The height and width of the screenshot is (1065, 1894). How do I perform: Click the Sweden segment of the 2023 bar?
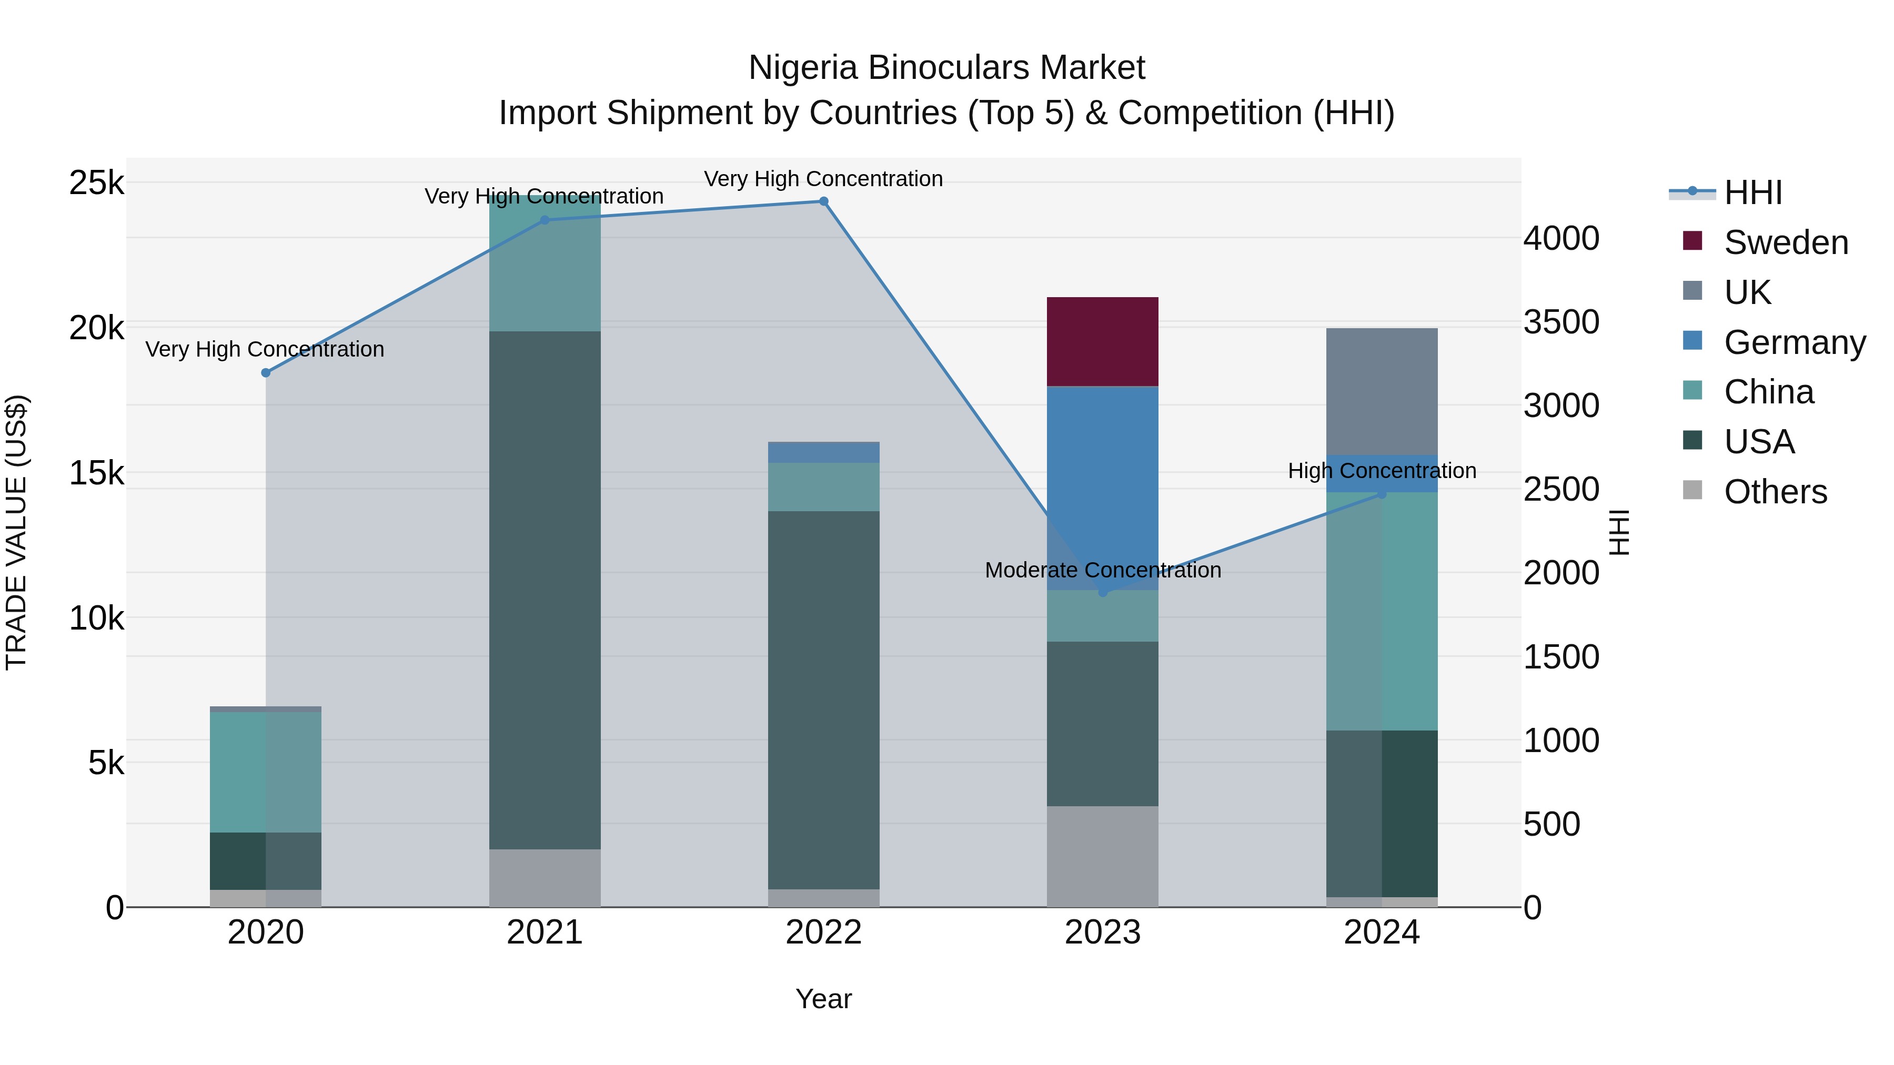click(1102, 342)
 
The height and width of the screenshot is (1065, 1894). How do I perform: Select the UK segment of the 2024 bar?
click(1382, 391)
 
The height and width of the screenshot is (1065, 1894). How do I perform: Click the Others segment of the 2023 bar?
click(1102, 856)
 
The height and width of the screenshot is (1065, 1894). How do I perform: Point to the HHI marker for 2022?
click(823, 201)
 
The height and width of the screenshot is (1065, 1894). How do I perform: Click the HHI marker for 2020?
click(266, 373)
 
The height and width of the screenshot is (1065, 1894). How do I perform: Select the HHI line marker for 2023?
click(1102, 592)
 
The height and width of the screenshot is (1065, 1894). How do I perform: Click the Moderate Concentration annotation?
click(1102, 570)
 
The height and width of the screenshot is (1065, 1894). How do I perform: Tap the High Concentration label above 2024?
click(1382, 470)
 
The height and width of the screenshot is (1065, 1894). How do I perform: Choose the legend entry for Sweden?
click(1785, 242)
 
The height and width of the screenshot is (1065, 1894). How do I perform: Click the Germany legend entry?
click(1794, 342)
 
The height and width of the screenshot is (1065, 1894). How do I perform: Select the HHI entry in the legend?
click(1753, 192)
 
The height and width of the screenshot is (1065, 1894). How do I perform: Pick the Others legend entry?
click(1775, 492)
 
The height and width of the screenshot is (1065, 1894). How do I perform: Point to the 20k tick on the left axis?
click(96, 328)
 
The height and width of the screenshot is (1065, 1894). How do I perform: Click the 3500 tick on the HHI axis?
click(1560, 322)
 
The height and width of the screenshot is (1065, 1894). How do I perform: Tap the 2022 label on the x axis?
click(823, 932)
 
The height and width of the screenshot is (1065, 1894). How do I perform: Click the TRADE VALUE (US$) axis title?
click(17, 532)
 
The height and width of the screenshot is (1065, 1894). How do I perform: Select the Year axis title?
click(823, 999)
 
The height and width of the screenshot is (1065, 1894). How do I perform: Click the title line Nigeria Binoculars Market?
click(946, 68)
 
